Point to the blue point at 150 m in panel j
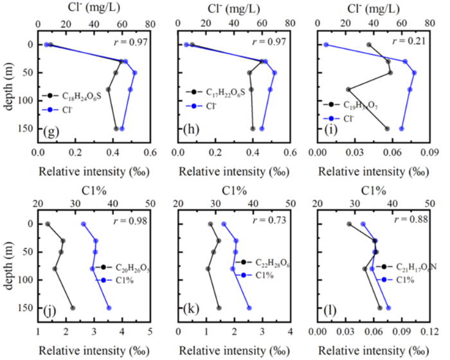point(109,309)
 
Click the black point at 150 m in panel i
point(387,129)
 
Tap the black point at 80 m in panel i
point(348,89)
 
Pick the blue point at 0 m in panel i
point(326,45)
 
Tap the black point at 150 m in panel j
point(73,309)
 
